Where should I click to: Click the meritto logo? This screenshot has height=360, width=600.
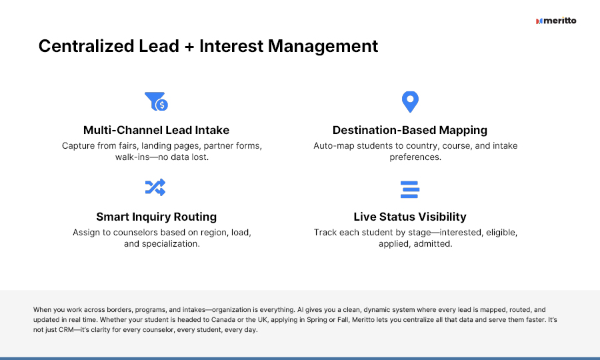[556, 21]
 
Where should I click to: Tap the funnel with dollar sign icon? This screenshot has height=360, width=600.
[156, 101]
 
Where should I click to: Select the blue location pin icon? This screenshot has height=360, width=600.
[410, 102]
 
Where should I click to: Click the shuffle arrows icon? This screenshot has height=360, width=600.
[155, 187]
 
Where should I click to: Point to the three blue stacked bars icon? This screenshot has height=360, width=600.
[410, 189]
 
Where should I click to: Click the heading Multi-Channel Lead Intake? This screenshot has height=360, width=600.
[156, 130]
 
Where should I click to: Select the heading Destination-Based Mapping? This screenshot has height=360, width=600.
[410, 130]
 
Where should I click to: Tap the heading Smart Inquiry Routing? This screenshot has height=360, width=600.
[156, 217]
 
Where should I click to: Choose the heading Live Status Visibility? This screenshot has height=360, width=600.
[410, 217]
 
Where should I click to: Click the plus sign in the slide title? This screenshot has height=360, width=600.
[189, 47]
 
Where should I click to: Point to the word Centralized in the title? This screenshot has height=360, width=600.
[87, 46]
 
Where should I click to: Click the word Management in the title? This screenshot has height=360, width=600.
[323, 46]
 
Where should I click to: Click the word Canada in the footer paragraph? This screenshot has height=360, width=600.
[223, 320]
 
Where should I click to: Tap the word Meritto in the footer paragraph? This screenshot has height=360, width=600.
[363, 320]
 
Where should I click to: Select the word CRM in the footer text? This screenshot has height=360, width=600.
[66, 330]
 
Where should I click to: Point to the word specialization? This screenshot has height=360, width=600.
[171, 244]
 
